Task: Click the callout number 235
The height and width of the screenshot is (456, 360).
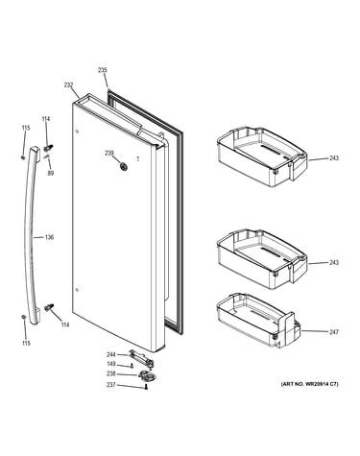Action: point(103,70)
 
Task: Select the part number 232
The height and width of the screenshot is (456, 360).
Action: point(68,85)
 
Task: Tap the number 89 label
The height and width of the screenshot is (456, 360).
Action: point(51,173)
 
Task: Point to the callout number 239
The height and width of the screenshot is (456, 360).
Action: point(109,154)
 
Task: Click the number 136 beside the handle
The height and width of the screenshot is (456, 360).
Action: point(49,237)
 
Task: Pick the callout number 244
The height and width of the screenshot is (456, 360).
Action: point(111,354)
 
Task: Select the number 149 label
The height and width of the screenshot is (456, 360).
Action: point(111,364)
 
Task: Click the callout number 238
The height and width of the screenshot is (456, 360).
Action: point(111,373)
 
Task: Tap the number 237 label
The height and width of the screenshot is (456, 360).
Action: point(111,385)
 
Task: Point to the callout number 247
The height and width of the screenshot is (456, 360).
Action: point(334,332)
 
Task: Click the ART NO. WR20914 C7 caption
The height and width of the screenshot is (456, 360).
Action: point(309,384)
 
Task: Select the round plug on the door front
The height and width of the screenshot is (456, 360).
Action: point(122,166)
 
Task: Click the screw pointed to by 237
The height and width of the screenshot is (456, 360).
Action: point(146,387)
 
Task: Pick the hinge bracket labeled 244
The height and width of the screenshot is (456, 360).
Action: point(141,357)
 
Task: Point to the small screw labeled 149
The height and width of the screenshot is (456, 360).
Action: point(132,366)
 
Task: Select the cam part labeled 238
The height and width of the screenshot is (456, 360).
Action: point(148,375)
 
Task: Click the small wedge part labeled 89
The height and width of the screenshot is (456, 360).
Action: point(47,156)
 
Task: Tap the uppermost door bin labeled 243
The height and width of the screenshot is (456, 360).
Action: point(262,157)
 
